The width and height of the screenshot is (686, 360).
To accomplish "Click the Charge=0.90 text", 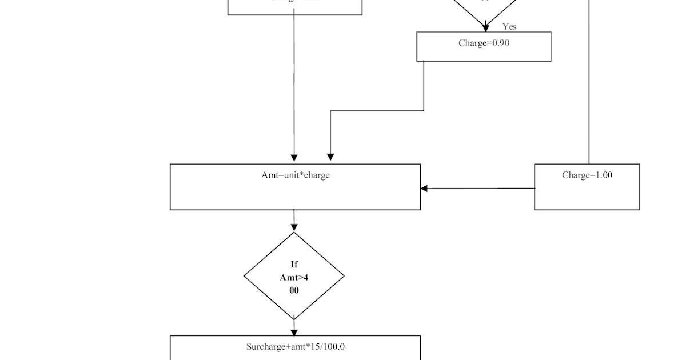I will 484,43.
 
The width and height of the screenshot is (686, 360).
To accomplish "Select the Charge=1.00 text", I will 587,175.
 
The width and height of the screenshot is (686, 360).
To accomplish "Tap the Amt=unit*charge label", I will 295,175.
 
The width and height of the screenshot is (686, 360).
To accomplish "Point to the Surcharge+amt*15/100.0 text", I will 296,347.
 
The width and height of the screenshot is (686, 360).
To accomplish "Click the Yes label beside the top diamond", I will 509,26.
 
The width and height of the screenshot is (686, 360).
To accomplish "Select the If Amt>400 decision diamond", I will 294,277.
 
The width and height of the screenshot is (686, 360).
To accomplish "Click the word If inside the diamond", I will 294,264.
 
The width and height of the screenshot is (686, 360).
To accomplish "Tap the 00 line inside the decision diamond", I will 294,290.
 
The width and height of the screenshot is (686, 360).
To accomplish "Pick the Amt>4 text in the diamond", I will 294,277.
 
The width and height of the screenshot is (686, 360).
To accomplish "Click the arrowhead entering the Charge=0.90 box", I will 486,27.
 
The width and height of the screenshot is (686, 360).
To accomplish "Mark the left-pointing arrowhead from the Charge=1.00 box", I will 424,189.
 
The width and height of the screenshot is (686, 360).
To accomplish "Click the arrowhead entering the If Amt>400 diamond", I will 294,227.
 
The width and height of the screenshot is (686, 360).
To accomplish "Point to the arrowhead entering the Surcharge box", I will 294,332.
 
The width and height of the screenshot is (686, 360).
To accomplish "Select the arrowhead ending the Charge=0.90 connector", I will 330,157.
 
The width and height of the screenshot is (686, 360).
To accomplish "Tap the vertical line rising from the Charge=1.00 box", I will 589,86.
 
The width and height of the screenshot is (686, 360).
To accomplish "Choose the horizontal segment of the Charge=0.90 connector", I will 377,111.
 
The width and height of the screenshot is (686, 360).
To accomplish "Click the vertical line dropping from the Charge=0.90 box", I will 424,86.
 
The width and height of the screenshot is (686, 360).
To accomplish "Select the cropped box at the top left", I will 294,6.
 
